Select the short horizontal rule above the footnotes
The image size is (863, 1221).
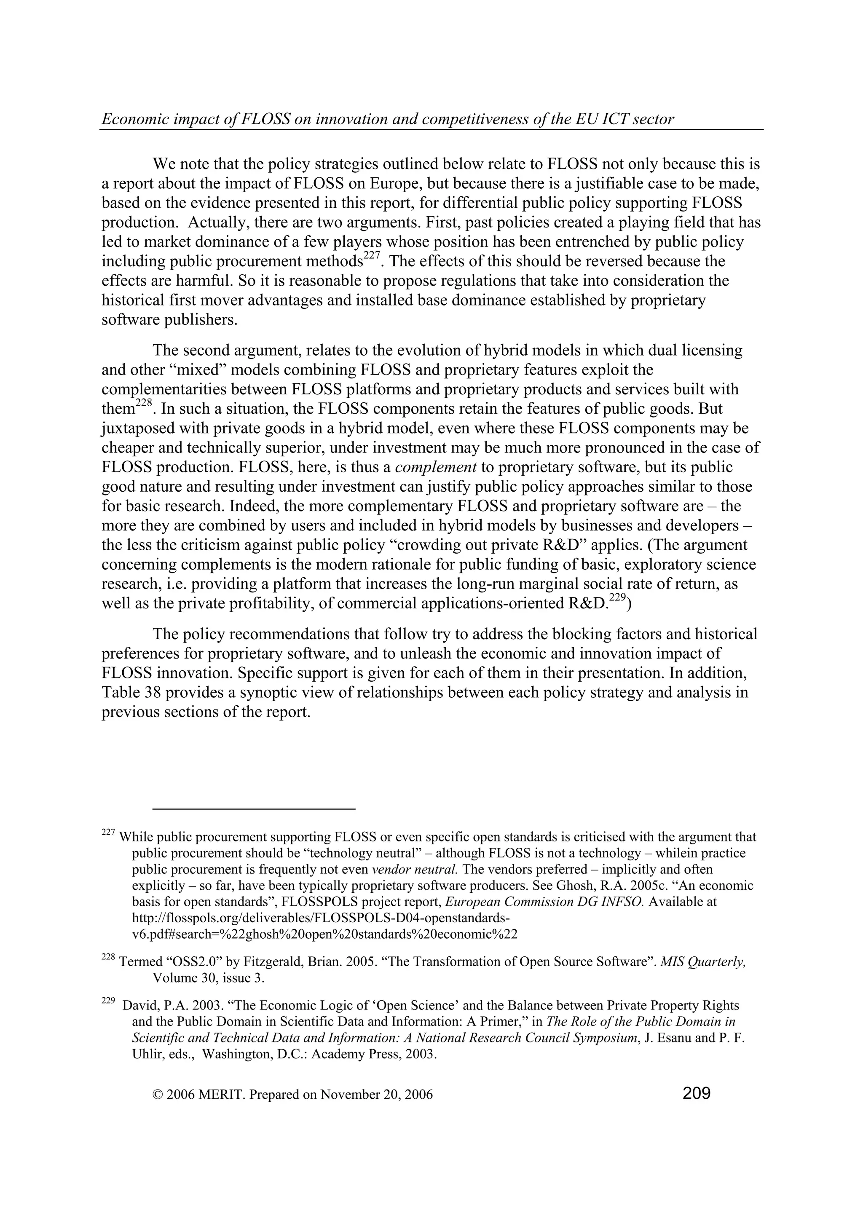coord(254,809)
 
